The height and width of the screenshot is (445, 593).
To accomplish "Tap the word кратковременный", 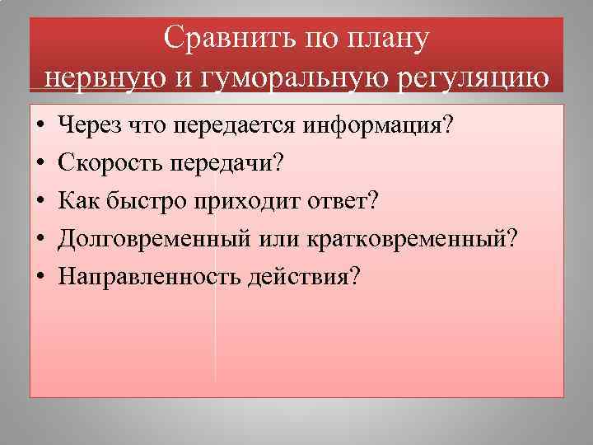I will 407,238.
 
